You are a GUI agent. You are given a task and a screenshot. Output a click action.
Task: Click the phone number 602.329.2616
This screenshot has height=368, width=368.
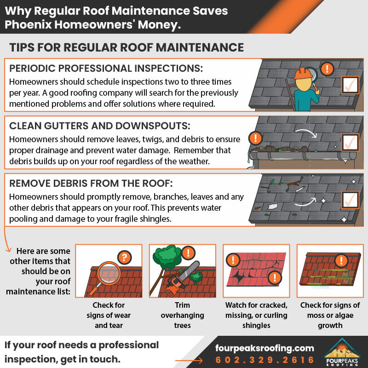click(x=265, y=360)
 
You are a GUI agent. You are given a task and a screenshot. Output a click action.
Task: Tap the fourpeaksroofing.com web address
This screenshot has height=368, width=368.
click(x=264, y=348)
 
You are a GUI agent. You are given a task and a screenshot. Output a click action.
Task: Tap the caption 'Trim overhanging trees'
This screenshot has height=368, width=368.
click(x=183, y=315)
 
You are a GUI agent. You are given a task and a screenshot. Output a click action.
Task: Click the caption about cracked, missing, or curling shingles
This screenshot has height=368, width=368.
click(x=256, y=315)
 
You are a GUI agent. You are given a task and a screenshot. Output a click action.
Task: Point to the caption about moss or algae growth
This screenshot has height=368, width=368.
click(x=330, y=315)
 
